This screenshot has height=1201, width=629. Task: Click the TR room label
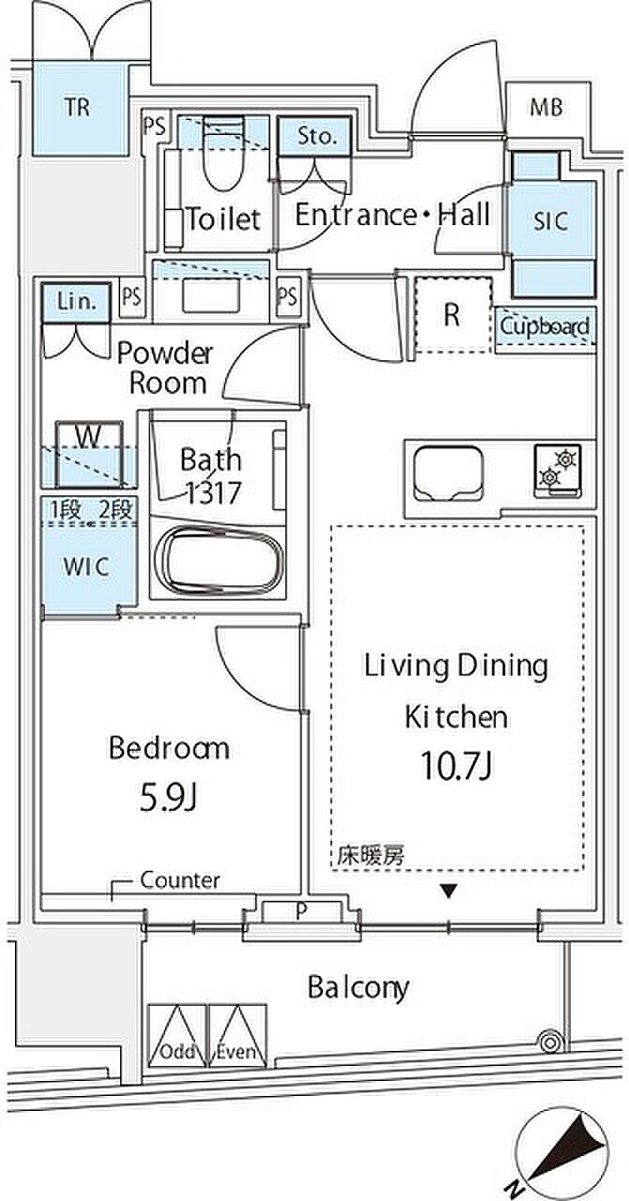(x=78, y=107)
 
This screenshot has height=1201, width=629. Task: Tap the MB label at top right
(x=546, y=107)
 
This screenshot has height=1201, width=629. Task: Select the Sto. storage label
(x=317, y=136)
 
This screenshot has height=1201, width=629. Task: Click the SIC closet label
(x=551, y=221)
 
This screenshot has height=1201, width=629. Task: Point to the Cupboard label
(x=545, y=326)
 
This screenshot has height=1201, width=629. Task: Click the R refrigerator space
(x=452, y=315)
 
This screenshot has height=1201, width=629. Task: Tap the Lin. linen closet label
(x=76, y=302)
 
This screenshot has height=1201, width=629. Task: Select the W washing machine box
(x=89, y=455)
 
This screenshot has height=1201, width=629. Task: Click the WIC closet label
(x=85, y=566)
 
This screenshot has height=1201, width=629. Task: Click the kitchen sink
(x=449, y=475)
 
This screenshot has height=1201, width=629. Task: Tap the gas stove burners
(x=557, y=467)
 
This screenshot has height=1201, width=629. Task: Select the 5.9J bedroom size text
(x=170, y=798)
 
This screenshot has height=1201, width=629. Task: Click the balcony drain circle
(x=549, y=1043)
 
